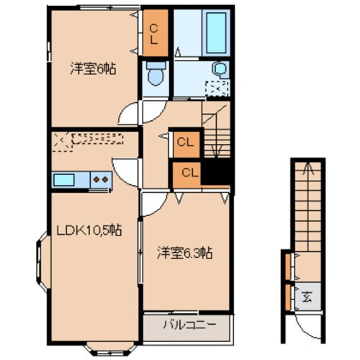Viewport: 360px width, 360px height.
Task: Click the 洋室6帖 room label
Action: (94, 69)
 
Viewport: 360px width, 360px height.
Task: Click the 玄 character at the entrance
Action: (306, 295)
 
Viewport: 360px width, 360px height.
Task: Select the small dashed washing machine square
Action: (216, 89)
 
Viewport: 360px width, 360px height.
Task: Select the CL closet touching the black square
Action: (186, 173)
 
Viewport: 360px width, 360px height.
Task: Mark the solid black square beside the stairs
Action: (215, 173)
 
